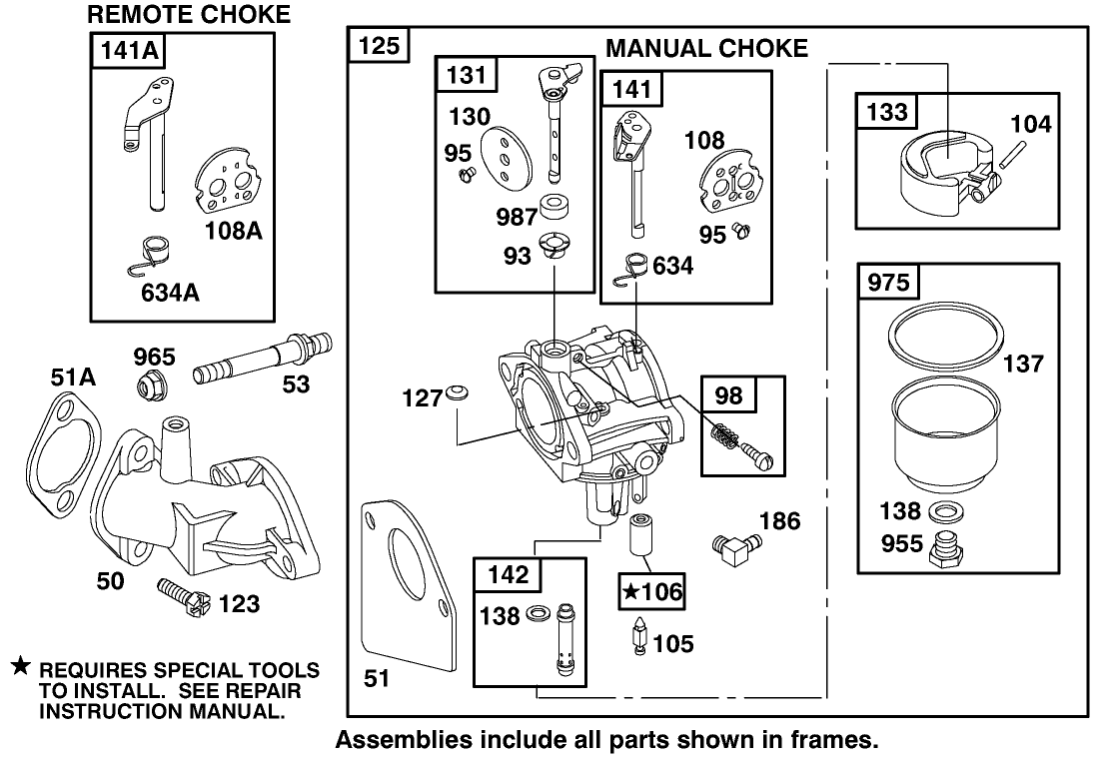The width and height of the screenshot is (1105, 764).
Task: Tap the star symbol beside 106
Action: [630, 592]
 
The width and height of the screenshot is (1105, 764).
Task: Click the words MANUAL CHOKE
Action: [706, 49]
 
